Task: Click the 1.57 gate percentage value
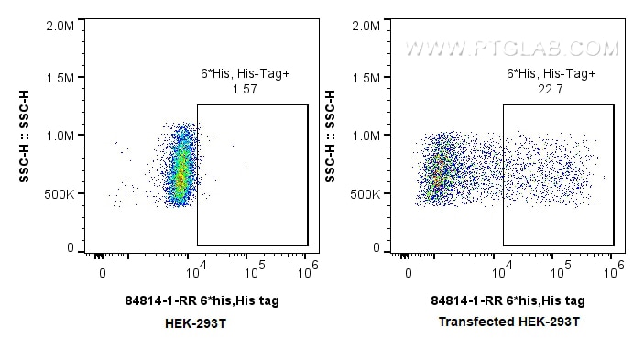pyautogui.click(x=244, y=89)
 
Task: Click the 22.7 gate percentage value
pyautogui.click(x=551, y=89)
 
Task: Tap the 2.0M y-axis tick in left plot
pyautogui.click(x=60, y=25)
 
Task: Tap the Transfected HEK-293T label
pyautogui.click(x=508, y=322)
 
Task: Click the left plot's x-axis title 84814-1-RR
pyautogui.click(x=202, y=300)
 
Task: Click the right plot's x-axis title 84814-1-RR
pyautogui.click(x=508, y=300)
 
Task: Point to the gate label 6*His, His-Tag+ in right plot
pyautogui.click(x=551, y=73)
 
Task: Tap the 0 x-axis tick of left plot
pyautogui.click(x=103, y=272)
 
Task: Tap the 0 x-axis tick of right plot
pyautogui.click(x=409, y=272)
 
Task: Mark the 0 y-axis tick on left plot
pyautogui.click(x=71, y=247)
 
